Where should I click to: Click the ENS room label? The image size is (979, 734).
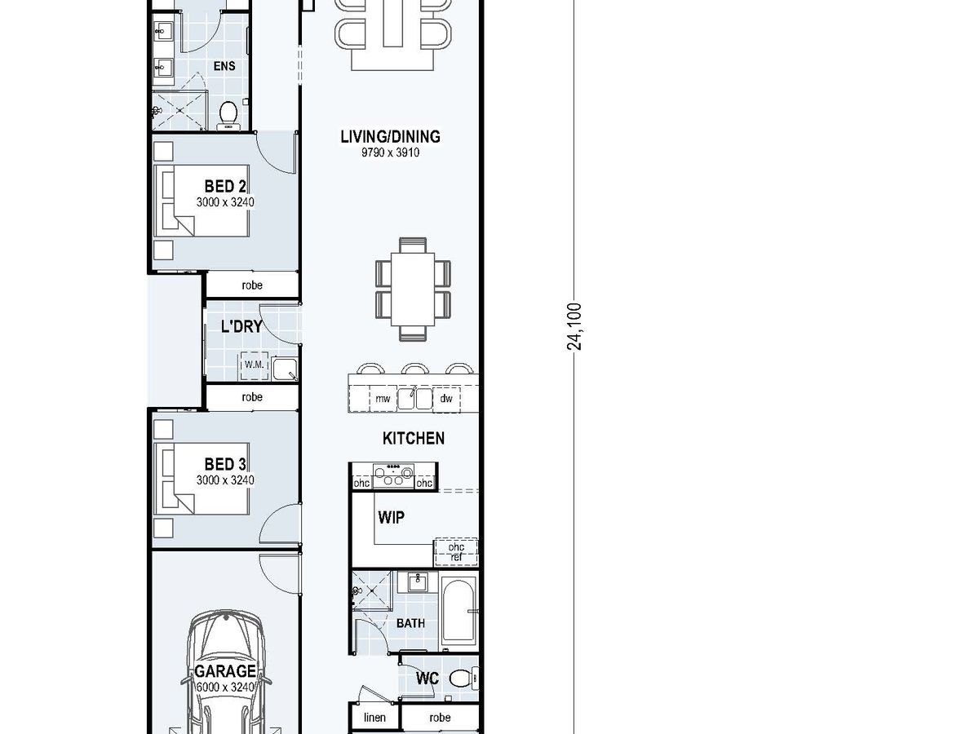[224, 66]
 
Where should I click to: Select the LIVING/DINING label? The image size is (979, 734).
[390, 136]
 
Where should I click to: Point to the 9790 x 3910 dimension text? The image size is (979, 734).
[390, 153]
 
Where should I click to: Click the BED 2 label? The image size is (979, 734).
[225, 186]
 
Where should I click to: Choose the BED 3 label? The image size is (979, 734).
[225, 464]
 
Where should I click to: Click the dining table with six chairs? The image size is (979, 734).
[413, 290]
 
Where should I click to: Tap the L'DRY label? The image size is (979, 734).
[241, 326]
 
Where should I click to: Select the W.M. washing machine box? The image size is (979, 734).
[255, 365]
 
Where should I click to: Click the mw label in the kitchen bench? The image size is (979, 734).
[383, 399]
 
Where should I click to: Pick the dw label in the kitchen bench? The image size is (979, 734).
[446, 399]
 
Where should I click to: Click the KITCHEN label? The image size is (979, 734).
[414, 438]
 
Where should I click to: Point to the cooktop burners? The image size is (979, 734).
[393, 475]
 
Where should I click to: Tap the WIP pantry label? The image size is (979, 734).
[391, 517]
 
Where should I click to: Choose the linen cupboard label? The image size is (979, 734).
[374, 717]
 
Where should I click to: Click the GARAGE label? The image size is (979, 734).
[225, 670]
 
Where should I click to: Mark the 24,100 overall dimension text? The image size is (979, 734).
[574, 327]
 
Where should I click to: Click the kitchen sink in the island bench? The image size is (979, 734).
[414, 398]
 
